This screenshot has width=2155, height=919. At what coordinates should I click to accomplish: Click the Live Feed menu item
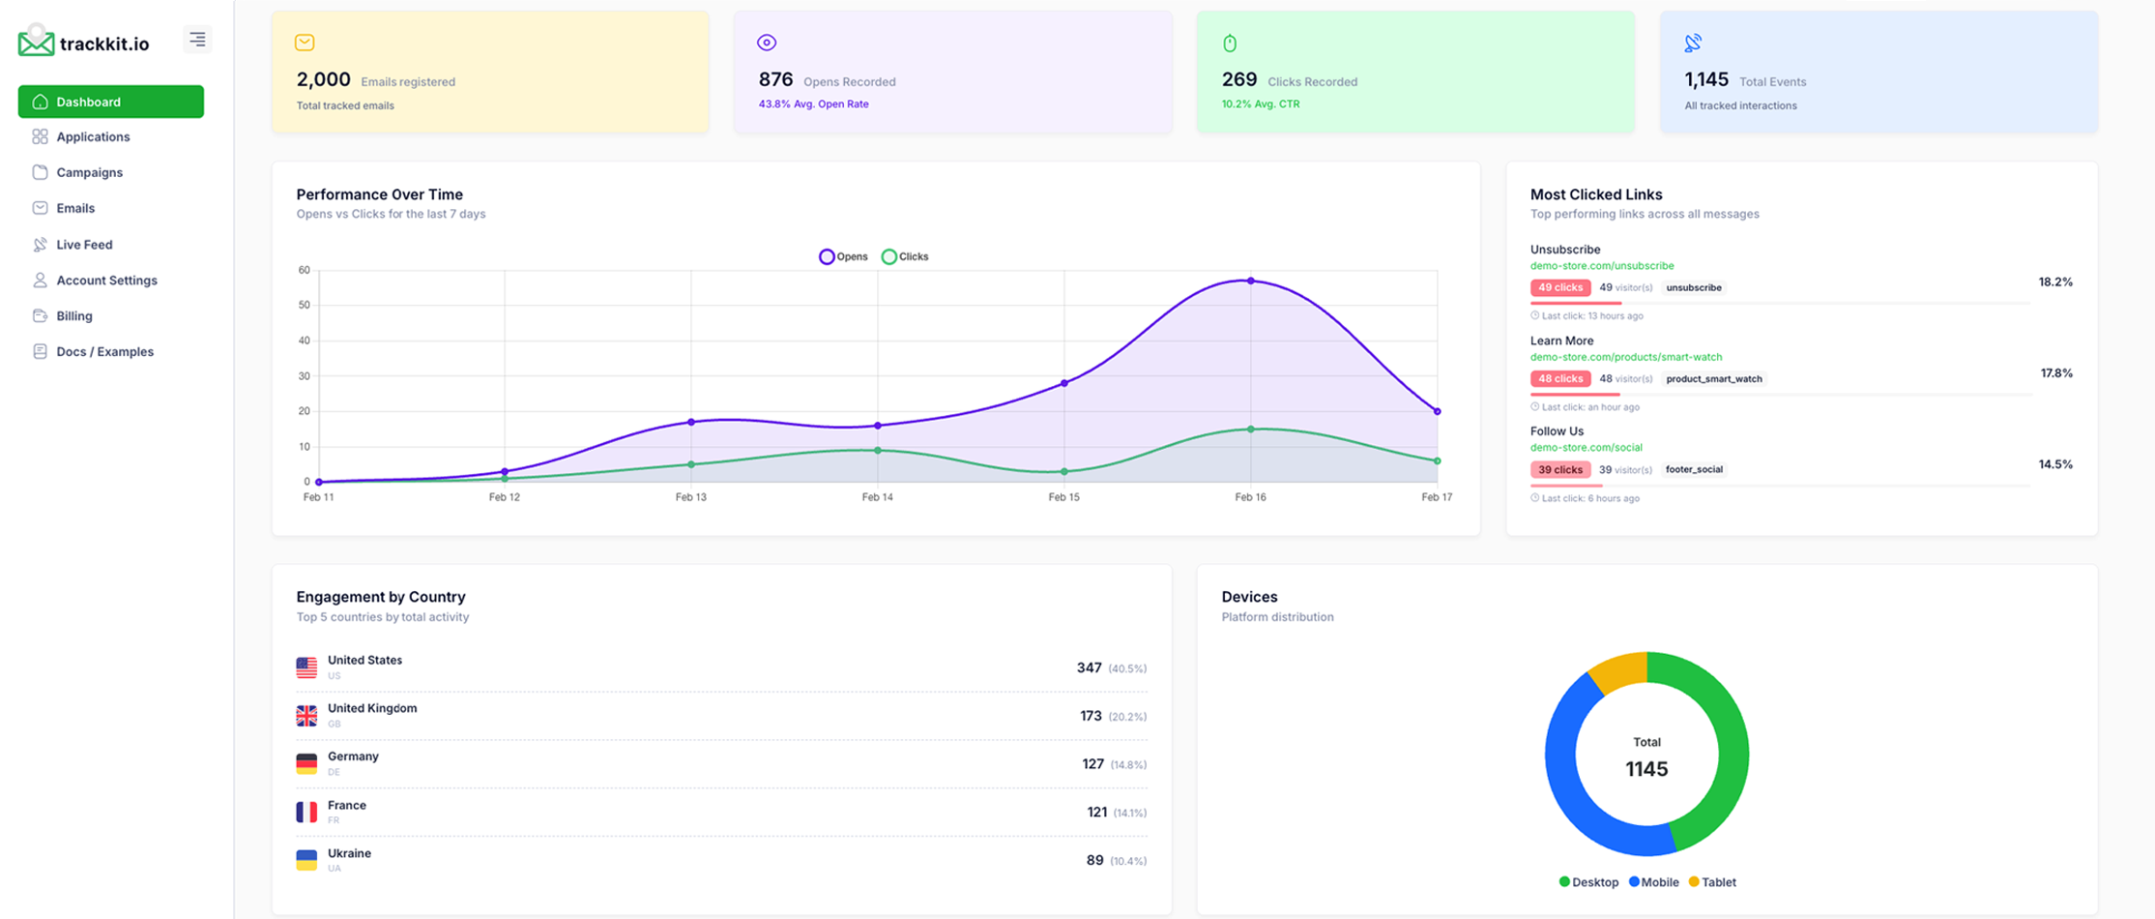tap(83, 245)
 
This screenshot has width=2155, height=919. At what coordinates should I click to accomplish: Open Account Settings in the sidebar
tap(105, 281)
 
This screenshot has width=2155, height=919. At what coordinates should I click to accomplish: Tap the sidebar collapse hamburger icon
tap(197, 40)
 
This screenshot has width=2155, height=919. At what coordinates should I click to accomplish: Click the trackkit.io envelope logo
tap(36, 42)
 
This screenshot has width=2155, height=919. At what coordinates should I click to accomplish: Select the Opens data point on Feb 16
tap(1250, 281)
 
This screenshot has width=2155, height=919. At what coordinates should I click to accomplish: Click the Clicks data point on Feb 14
tap(877, 450)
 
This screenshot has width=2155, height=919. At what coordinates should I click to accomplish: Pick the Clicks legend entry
tap(905, 256)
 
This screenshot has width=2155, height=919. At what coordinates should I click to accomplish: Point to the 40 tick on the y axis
tap(304, 341)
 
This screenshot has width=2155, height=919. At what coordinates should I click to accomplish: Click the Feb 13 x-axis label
tap(690, 497)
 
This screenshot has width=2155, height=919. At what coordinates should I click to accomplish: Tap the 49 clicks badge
tap(1559, 287)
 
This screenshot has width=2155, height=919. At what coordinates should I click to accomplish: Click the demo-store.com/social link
tap(1586, 447)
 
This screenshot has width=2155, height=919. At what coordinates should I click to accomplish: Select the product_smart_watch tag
tap(1713, 378)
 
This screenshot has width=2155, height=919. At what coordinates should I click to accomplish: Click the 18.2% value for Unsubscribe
tap(2054, 282)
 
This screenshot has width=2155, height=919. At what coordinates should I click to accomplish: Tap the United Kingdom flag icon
tap(306, 715)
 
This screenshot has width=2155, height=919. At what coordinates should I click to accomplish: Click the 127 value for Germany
tap(1092, 764)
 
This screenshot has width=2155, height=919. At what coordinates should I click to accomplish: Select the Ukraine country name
tap(349, 853)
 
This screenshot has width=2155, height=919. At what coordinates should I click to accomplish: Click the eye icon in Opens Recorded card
tap(767, 43)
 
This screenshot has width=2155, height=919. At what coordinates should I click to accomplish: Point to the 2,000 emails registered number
tap(323, 80)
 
